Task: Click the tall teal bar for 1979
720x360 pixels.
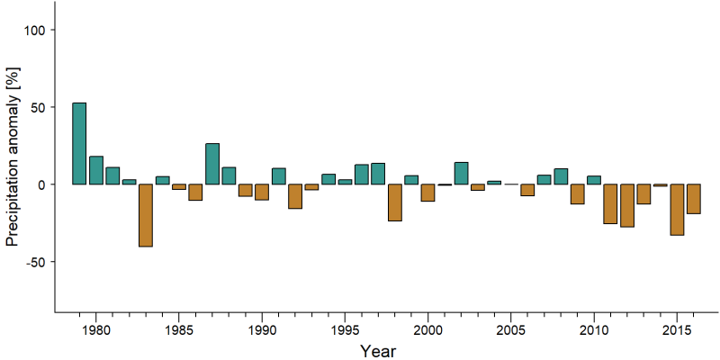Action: (x=79, y=143)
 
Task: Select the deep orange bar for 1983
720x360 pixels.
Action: (x=146, y=215)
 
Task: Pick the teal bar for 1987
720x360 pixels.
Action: (x=212, y=164)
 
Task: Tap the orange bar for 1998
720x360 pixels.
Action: (x=395, y=202)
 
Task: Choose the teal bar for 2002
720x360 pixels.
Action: (x=461, y=173)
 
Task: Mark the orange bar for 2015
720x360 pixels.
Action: (x=677, y=210)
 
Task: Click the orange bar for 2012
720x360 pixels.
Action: (x=627, y=206)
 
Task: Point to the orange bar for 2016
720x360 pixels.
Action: (x=693, y=199)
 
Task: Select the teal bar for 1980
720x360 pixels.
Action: (x=96, y=170)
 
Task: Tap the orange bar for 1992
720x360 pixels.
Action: (x=295, y=196)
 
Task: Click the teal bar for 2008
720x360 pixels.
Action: (x=561, y=176)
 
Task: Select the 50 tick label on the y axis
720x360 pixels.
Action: (x=36, y=107)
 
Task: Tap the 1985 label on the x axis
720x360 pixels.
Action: (x=178, y=329)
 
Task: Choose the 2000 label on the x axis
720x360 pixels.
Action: (x=427, y=329)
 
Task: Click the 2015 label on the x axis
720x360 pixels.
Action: (x=677, y=329)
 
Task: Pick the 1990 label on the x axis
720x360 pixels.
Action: (x=262, y=329)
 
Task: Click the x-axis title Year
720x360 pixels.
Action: (x=377, y=351)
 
